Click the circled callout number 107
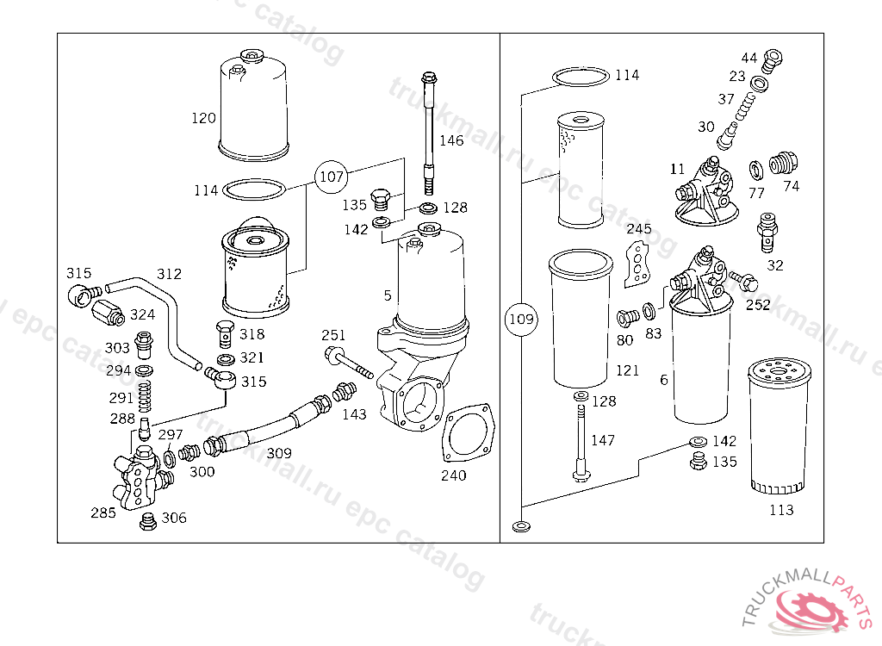(x=332, y=177)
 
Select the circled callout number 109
(x=521, y=319)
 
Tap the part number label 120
(x=203, y=118)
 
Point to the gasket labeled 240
(x=469, y=434)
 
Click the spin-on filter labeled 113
(x=780, y=425)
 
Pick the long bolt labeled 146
(x=429, y=133)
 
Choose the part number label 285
(x=103, y=512)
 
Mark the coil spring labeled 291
(x=145, y=397)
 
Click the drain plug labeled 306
(x=148, y=522)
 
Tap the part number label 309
(x=279, y=453)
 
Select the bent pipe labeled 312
(x=155, y=320)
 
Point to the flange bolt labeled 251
(x=348, y=363)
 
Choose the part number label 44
(x=749, y=58)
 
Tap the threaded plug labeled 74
(x=784, y=163)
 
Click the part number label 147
(x=602, y=440)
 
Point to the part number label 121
(x=627, y=370)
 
